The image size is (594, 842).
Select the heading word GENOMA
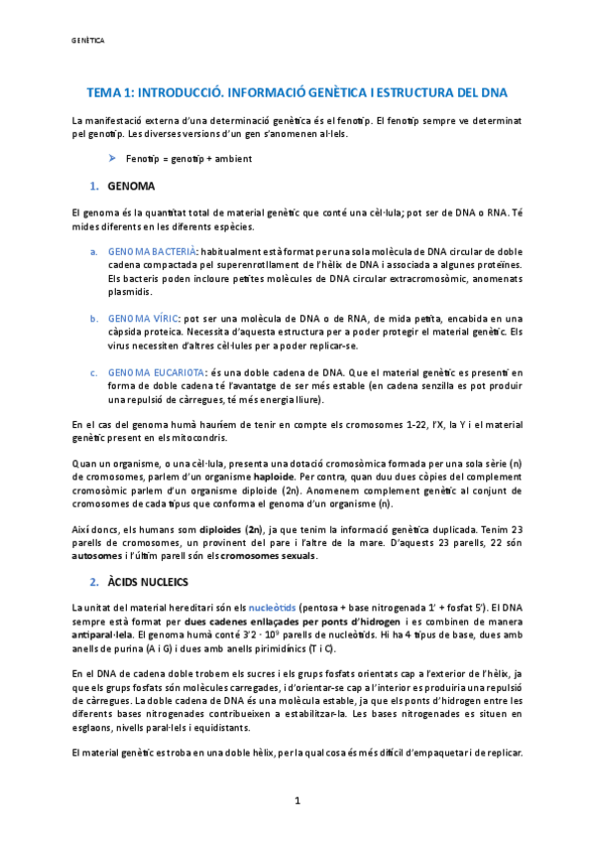[x=129, y=186]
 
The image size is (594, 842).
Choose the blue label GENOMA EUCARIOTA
[x=155, y=372]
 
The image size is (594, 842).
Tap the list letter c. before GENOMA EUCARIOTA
[x=94, y=372]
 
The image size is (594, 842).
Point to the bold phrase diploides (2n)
[x=231, y=530]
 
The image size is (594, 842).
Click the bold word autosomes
[x=96, y=556]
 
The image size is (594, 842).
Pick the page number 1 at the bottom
[x=297, y=801]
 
